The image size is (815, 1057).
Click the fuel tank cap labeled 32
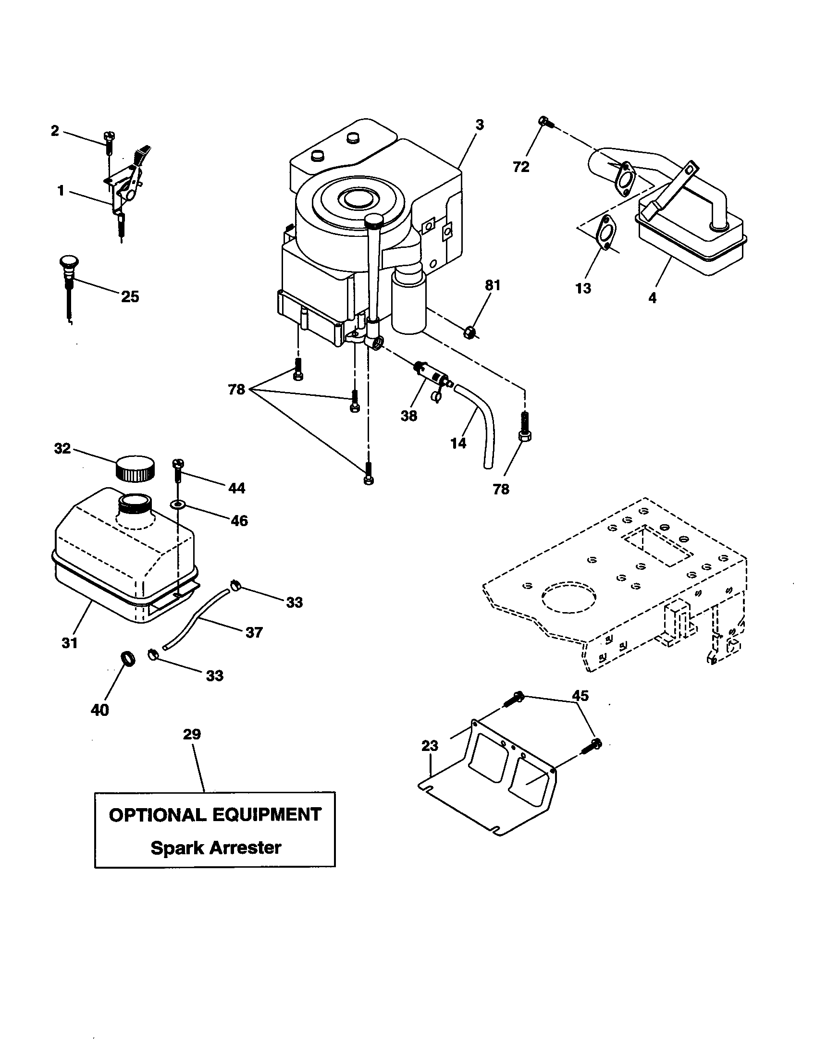click(136, 467)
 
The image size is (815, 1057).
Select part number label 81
click(492, 285)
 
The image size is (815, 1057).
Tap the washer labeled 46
click(177, 505)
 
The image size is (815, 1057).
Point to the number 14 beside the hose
click(458, 443)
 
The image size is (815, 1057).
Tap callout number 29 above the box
click(192, 734)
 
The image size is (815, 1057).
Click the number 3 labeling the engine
click(479, 125)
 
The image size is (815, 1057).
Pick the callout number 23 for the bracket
click(430, 746)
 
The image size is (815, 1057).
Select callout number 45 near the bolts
click(580, 696)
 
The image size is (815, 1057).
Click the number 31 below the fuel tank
click(70, 643)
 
